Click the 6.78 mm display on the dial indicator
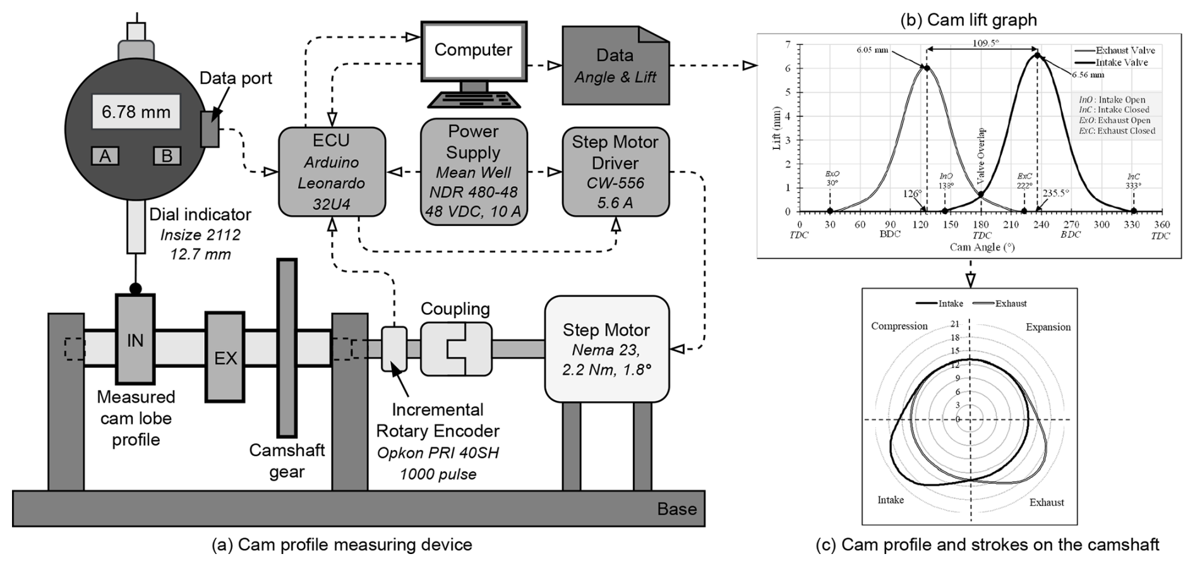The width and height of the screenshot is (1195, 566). pyautogui.click(x=136, y=112)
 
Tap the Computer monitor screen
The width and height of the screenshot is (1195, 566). pyautogui.click(x=473, y=50)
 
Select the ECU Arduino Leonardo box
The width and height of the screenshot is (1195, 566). pyautogui.click(x=332, y=172)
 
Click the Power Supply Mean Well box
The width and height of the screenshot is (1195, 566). pyautogui.click(x=473, y=172)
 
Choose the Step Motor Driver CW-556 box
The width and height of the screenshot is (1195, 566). pyautogui.click(x=615, y=172)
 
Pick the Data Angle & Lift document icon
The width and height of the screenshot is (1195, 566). pyautogui.click(x=615, y=66)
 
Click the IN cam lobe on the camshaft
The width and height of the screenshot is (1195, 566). pyautogui.click(x=135, y=339)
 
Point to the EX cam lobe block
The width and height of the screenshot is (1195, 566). pyautogui.click(x=225, y=357)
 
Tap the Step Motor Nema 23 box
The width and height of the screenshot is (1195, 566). pyautogui.click(x=606, y=349)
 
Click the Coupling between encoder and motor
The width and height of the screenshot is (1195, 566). pyautogui.click(x=455, y=349)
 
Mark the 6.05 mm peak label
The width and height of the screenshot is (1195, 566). pyautogui.click(x=872, y=50)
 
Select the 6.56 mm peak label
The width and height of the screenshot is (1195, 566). pyautogui.click(x=1088, y=74)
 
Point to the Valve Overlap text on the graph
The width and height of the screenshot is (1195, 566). pyautogui.click(x=981, y=156)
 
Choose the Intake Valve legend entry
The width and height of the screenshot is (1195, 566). pyautogui.click(x=1122, y=62)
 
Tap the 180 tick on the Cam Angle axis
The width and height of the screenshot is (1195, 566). pyautogui.click(x=981, y=225)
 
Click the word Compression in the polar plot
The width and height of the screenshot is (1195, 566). pyautogui.click(x=899, y=326)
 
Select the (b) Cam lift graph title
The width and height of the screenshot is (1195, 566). pyautogui.click(x=968, y=20)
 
